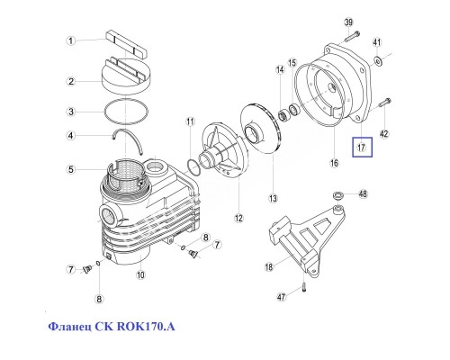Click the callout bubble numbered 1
(x=68, y=40)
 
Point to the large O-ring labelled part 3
(x=123, y=111)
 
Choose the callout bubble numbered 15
(x=292, y=64)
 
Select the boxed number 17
(x=361, y=147)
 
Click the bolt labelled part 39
(x=352, y=34)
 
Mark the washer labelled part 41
(x=378, y=60)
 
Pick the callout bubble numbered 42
(x=384, y=134)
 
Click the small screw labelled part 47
(x=305, y=287)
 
